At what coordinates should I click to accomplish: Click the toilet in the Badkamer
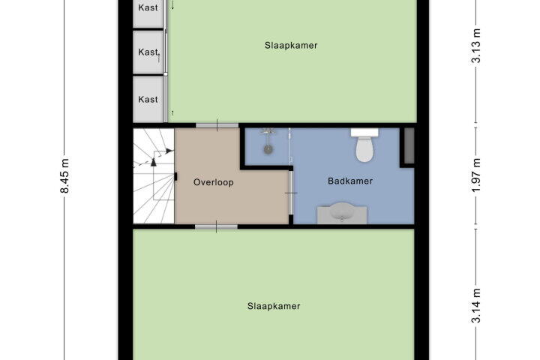364,145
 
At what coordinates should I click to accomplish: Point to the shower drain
268,149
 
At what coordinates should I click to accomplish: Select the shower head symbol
268,131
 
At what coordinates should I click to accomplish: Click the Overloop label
214,182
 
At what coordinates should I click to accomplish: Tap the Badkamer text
350,181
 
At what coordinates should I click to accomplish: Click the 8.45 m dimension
64,175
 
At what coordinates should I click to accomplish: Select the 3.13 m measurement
475,46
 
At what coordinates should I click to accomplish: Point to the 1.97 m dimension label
475,175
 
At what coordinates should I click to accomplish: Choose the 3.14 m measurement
475,306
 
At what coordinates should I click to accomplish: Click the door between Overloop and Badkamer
291,193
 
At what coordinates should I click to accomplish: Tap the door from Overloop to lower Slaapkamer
216,226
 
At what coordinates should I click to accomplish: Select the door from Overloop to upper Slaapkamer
217,125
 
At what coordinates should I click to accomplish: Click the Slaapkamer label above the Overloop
291,46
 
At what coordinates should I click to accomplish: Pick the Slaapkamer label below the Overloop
274,306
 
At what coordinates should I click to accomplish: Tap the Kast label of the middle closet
148,52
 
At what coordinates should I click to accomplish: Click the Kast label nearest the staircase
148,100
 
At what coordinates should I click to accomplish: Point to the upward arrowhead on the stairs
154,162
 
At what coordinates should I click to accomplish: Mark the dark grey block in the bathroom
409,145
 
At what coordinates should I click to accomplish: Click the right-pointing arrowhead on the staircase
169,151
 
